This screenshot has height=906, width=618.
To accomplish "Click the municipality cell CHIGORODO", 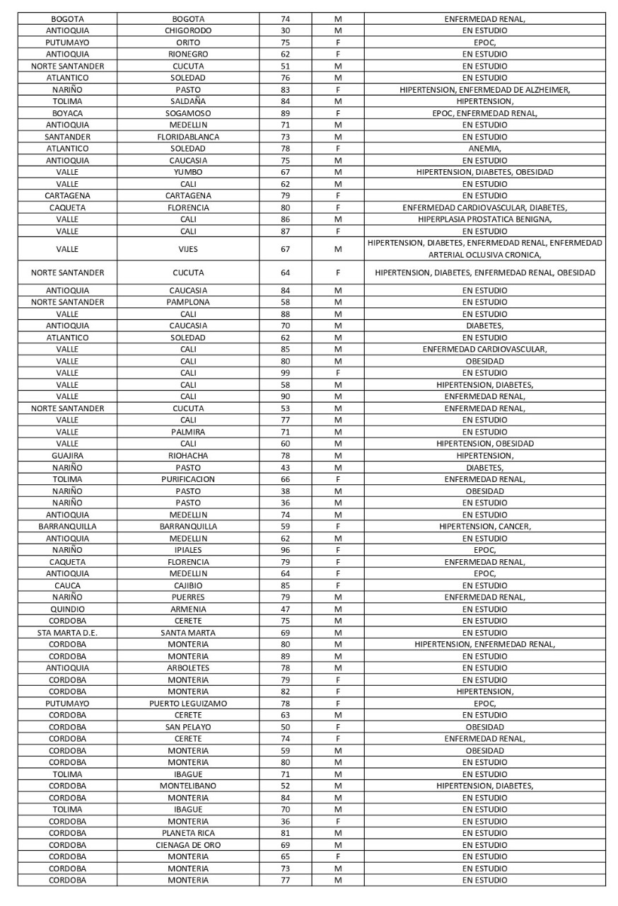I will click(x=188, y=30).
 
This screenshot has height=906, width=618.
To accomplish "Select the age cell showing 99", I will click(x=285, y=373).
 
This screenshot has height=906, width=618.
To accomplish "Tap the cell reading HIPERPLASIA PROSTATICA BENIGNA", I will click(x=484, y=219).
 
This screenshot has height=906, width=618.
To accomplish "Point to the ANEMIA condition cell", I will click(x=484, y=149).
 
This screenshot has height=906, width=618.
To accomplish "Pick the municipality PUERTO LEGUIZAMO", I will click(x=188, y=704).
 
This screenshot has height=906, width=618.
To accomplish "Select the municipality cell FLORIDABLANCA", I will click(x=188, y=137).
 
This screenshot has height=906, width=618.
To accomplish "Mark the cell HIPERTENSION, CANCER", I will click(x=484, y=527).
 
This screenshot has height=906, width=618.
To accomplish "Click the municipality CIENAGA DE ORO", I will click(x=188, y=845).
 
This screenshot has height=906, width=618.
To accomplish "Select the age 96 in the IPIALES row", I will click(x=285, y=550).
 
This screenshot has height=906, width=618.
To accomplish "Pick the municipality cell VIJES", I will click(x=188, y=249).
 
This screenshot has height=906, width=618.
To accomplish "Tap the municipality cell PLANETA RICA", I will click(x=188, y=833).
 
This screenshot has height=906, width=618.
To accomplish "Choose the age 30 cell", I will click(x=285, y=30).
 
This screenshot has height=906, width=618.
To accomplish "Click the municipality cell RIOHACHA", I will click(x=188, y=456).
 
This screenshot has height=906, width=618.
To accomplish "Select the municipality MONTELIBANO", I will click(x=188, y=786).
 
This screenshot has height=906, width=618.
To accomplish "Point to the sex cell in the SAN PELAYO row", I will click(x=338, y=727).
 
